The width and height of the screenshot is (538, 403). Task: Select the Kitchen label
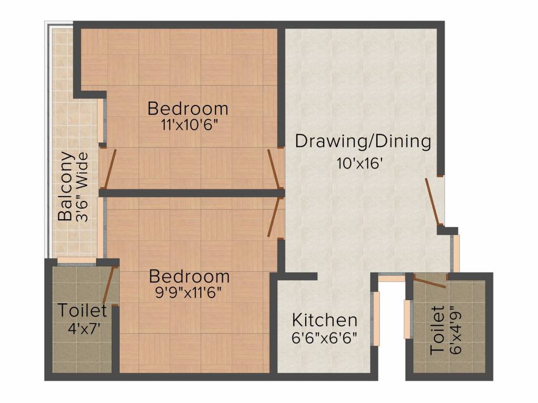325,320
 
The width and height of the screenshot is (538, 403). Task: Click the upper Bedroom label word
188,109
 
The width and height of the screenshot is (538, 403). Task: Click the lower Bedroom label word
189,276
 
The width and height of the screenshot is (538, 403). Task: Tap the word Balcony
65,186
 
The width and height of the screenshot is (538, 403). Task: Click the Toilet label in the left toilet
82,311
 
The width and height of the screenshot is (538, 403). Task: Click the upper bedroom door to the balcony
109,168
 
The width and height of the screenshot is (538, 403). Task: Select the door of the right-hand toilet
429,281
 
